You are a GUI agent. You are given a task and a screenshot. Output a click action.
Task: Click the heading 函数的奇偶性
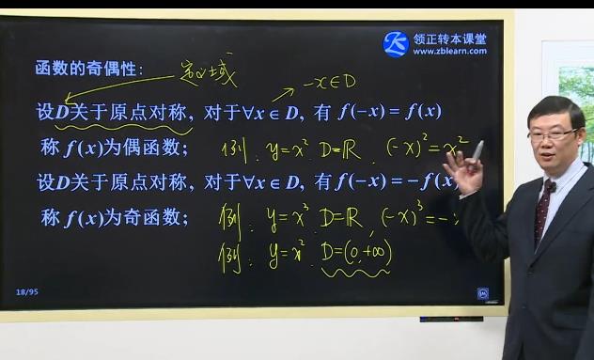(88, 70)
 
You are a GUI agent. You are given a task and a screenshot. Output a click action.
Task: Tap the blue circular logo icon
(396, 43)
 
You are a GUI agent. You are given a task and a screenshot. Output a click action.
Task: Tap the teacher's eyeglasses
(552, 134)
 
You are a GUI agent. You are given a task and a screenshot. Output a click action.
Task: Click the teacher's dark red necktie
(542, 211)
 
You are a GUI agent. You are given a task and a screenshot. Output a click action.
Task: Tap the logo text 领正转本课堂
(449, 39)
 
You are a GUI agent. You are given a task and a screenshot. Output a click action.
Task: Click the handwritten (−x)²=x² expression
(428, 148)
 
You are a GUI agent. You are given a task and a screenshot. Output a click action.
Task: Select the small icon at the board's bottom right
(482, 292)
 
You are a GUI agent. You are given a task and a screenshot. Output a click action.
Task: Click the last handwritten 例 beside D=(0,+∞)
(230, 254)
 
